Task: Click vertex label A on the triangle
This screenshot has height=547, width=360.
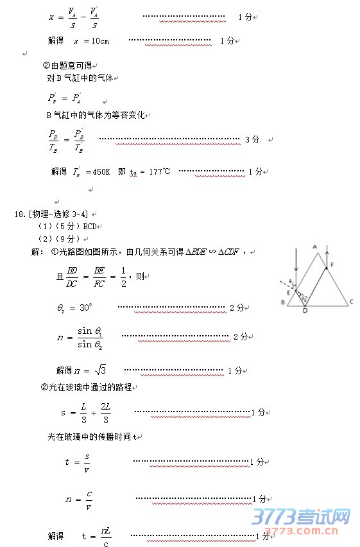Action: [x=315, y=246]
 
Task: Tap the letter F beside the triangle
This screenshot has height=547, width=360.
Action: [x=332, y=265]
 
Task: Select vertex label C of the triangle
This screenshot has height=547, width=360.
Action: [x=351, y=301]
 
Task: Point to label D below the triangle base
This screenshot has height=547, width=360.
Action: [x=304, y=311]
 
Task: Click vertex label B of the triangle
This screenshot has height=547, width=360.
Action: [x=283, y=302]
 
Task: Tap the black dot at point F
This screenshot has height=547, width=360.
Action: [x=327, y=268]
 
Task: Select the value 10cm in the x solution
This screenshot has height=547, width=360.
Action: [x=99, y=41]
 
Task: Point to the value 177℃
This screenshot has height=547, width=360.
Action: [x=160, y=172]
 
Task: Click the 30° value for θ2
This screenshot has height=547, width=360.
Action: [x=86, y=308]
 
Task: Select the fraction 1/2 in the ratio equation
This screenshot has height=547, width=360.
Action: [x=123, y=276]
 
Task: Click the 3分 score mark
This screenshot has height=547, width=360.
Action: [x=252, y=139]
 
